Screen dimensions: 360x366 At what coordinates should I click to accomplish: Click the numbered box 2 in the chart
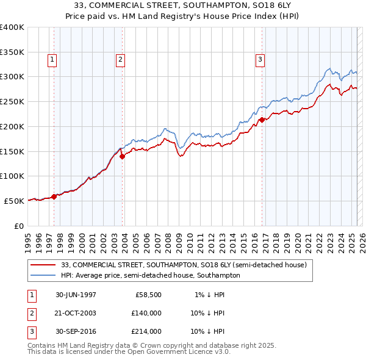[x=121, y=59]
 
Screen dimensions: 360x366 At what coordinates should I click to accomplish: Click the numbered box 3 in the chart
[x=260, y=59]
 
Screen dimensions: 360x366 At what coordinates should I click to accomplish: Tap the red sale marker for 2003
[x=123, y=156]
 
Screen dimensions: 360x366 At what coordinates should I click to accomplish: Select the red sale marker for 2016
[x=262, y=120]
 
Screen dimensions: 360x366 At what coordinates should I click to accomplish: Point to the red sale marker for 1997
[x=54, y=196]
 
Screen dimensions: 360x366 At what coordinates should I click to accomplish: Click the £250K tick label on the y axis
[x=12, y=102]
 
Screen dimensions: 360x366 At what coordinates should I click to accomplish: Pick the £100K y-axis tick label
[x=12, y=176]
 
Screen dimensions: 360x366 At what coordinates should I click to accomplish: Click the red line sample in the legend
[x=43, y=265]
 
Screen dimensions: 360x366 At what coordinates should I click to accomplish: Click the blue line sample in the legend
[x=43, y=275]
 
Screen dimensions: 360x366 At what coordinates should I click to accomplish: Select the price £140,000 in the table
[x=146, y=313]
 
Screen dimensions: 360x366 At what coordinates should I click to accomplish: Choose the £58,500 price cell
[x=148, y=295]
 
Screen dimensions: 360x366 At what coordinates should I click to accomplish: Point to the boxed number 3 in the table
[x=31, y=331]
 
